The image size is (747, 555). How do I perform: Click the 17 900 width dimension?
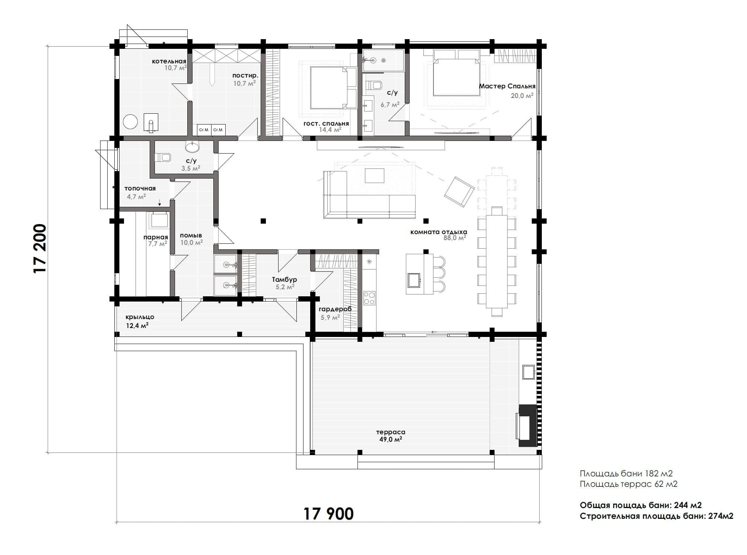328,514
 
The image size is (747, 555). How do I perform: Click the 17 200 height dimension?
40,248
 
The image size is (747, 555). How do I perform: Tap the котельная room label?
169,61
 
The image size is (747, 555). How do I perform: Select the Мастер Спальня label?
507,86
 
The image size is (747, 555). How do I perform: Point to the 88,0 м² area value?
455,238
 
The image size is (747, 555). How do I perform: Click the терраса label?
391,432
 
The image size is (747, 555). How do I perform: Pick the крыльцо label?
140,317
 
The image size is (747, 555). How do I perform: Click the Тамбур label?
284,280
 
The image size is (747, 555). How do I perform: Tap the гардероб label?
335,309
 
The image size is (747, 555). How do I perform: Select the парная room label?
156,237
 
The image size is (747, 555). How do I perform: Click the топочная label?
140,189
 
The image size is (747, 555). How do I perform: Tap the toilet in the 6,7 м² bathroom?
374,85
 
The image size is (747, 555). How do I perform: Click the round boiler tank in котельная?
131,122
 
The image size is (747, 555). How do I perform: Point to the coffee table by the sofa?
374,176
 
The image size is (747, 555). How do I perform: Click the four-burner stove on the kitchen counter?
369,298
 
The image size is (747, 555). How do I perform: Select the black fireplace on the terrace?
527,426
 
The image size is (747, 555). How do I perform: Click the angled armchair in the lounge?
459,192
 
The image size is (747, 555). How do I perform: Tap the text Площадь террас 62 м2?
628,484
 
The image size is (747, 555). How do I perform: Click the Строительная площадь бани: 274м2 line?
656,516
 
